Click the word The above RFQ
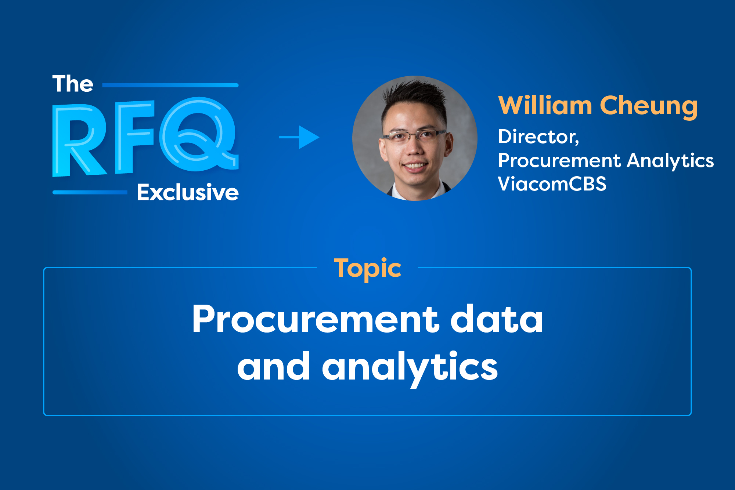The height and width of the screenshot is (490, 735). (73, 84)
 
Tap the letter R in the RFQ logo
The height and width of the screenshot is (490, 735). (79, 139)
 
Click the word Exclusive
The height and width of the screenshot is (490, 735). (187, 192)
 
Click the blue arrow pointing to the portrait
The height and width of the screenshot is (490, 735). (300, 137)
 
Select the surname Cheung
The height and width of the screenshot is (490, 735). (648, 106)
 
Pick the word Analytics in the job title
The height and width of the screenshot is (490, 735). (670, 161)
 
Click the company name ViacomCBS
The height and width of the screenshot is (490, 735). (552, 184)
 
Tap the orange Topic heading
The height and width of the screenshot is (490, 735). (367, 268)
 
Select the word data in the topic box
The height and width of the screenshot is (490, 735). (496, 319)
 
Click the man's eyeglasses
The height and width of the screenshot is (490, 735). (414, 136)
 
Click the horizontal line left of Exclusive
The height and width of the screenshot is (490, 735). (90, 192)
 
